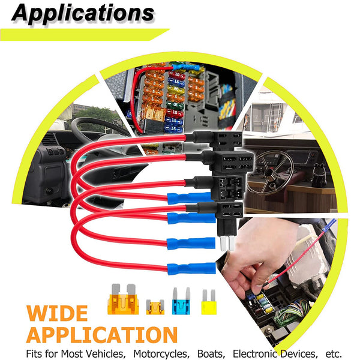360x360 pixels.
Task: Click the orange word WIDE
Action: point(57,313)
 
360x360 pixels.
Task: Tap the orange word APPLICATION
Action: point(102,335)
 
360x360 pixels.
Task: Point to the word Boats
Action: point(211,353)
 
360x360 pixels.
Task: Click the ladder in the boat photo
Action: point(275,118)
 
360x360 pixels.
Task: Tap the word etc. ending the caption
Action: point(333,353)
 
